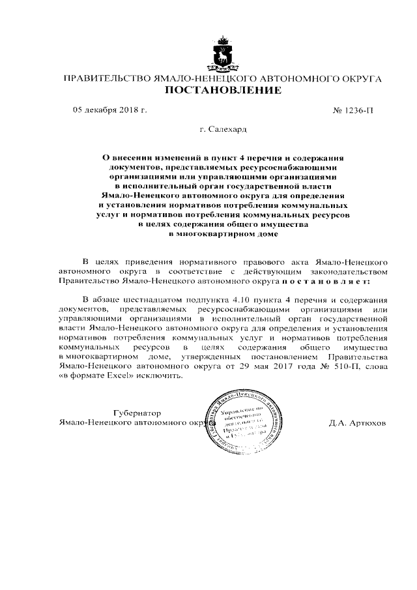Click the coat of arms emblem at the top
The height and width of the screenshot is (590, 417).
coord(222,53)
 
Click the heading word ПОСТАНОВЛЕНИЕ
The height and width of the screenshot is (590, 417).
coord(222,90)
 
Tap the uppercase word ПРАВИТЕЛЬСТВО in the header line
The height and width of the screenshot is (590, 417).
coord(106,78)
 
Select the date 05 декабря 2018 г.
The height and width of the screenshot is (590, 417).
coord(109,109)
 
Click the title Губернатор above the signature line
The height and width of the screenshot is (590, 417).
coord(137,413)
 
